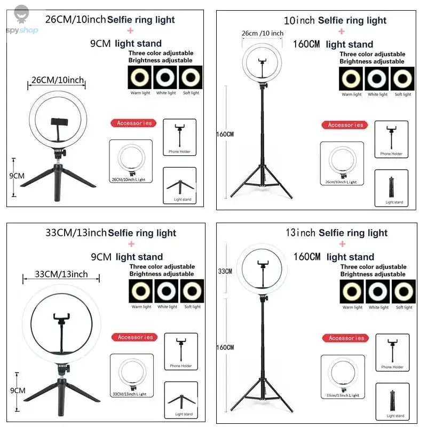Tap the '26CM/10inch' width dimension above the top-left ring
tap(57, 80)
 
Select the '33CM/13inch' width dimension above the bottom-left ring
tap(61, 274)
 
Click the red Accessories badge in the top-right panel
tap(345, 125)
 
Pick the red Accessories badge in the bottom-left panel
tap(135, 337)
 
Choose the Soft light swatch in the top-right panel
tap(402, 79)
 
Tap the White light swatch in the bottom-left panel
tap(167, 291)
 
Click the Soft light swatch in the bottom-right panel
tap(404, 291)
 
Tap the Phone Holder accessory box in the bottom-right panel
tap(392, 352)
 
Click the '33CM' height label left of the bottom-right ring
tap(225, 271)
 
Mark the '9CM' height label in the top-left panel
tap(18, 175)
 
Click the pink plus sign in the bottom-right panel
tap(342, 244)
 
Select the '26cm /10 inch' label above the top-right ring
tap(263, 33)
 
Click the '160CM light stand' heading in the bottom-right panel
tap(334, 257)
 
